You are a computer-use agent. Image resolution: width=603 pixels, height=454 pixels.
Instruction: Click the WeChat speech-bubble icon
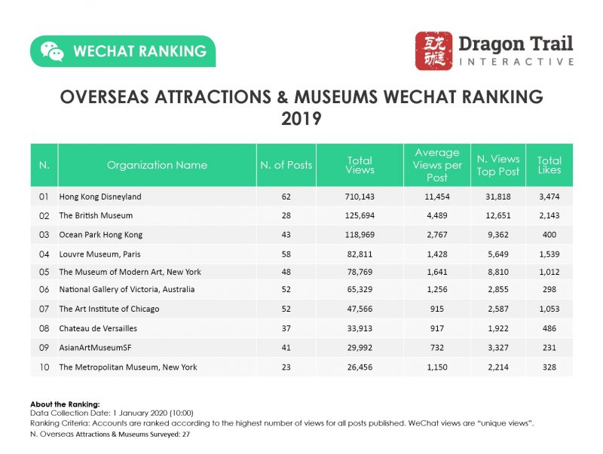(x=52, y=51)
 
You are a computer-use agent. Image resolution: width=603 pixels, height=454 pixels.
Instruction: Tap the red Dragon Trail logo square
(x=433, y=51)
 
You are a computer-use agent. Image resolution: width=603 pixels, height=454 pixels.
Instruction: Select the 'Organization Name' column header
(x=157, y=165)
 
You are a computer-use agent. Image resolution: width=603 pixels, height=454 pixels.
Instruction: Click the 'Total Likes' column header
(x=549, y=165)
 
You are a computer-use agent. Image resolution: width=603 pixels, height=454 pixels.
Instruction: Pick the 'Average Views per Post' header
(x=436, y=165)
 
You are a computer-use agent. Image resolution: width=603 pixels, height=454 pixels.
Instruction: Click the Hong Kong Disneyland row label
(x=100, y=197)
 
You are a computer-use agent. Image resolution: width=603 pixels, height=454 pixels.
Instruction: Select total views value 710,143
(x=360, y=197)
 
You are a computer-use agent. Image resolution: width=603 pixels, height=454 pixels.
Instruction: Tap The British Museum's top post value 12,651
(x=497, y=215)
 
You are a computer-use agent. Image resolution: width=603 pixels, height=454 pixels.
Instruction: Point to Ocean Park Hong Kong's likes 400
(x=549, y=233)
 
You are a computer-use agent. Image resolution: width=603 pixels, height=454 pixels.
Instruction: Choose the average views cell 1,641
(x=436, y=271)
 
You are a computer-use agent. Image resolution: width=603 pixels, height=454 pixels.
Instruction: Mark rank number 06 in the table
(x=44, y=290)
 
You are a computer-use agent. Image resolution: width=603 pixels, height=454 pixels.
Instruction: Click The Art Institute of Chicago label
(x=109, y=309)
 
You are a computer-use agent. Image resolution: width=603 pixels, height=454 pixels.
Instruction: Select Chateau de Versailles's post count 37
(x=286, y=328)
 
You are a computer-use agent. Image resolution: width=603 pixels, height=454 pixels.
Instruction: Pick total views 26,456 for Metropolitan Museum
(x=360, y=367)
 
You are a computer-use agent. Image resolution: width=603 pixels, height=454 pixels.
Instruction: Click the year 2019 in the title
(x=301, y=118)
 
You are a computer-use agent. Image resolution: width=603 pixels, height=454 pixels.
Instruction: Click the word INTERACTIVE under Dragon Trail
(x=516, y=62)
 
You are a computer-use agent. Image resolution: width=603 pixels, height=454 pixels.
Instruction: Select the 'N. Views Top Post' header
(x=497, y=165)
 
